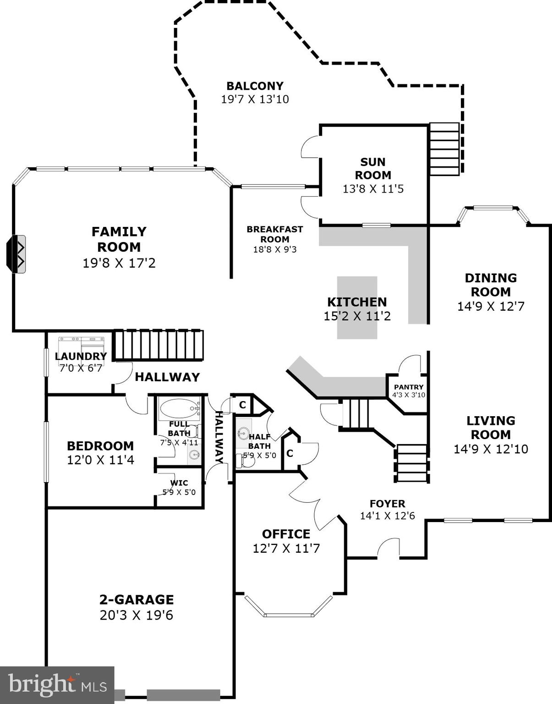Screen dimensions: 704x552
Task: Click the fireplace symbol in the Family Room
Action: (16, 254)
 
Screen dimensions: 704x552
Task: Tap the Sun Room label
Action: (373, 168)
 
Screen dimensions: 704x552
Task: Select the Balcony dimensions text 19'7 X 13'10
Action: (255, 99)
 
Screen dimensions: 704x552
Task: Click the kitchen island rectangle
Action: (357, 308)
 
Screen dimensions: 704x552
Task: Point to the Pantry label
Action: (409, 387)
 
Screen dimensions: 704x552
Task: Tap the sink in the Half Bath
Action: (243, 433)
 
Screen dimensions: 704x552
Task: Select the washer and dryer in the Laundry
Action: (82, 344)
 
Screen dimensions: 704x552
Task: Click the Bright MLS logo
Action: (57, 685)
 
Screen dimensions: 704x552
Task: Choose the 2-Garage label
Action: (137, 599)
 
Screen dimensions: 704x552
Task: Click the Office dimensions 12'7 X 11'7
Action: (286, 548)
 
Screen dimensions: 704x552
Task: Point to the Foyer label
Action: (387, 504)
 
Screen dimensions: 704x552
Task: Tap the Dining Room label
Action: (491, 285)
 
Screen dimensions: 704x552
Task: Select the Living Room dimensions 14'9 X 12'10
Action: (491, 449)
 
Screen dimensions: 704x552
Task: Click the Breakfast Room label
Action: (274, 234)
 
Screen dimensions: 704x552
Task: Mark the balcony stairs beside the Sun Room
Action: (444, 149)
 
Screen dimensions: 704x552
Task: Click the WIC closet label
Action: (179, 483)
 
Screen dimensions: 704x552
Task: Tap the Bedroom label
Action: (100, 446)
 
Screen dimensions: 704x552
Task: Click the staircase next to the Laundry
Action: (158, 345)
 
